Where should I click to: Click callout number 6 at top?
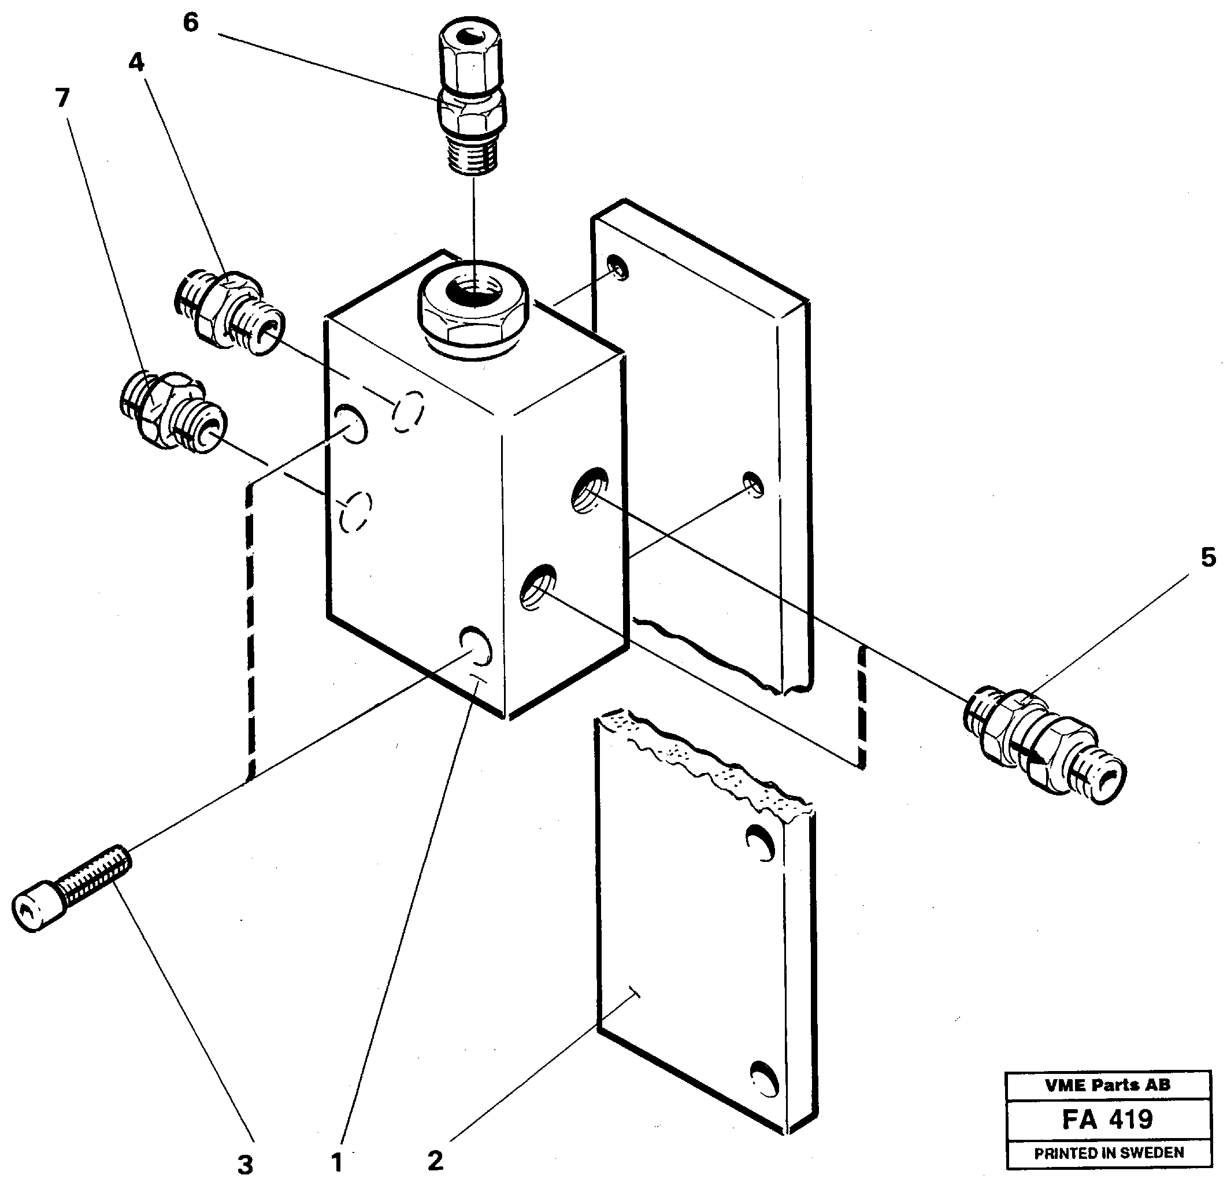(x=191, y=23)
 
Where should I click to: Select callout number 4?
(x=136, y=62)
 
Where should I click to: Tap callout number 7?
(x=62, y=98)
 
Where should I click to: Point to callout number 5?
(x=1209, y=557)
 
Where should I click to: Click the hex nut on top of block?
(x=474, y=310)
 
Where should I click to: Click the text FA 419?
(x=1107, y=1119)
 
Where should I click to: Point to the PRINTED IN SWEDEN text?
(x=1109, y=1152)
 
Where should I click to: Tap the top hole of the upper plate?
(x=618, y=268)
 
